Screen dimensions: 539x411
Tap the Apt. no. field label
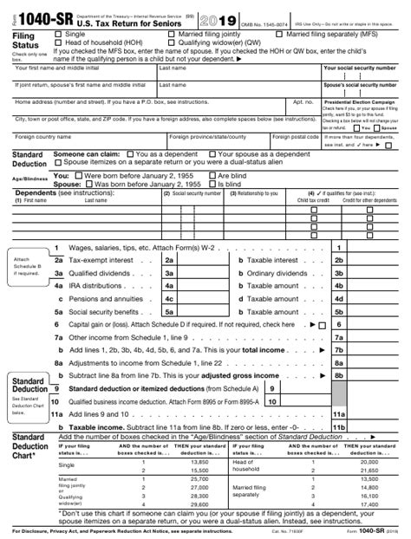[303, 101]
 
